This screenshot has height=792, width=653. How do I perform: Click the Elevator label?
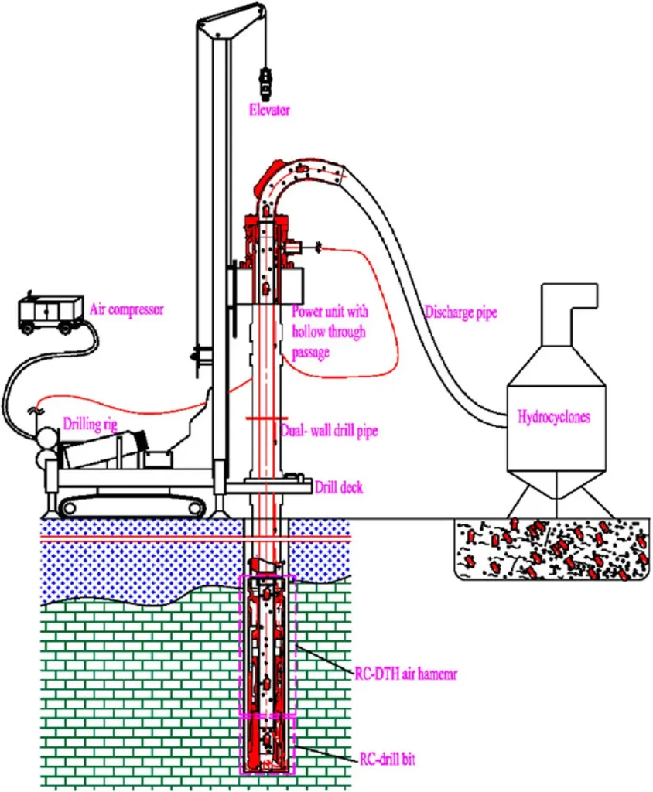tap(268, 110)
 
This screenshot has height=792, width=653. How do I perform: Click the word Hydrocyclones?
tap(553, 417)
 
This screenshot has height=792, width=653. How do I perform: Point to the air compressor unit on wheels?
tap(51, 312)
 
